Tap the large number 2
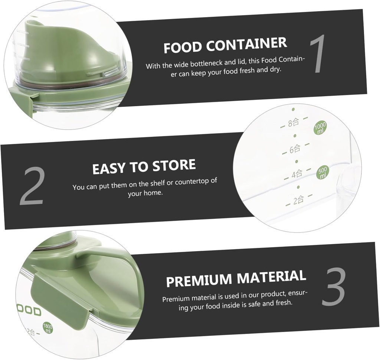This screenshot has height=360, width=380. pyautogui.click(x=32, y=187)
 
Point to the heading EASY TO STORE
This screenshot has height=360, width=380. pyautogui.click(x=144, y=167)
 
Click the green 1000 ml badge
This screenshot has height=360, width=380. pyautogui.click(x=320, y=128)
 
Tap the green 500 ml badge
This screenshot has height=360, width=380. pyautogui.click(x=322, y=173)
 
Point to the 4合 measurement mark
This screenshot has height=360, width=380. pyautogui.click(x=297, y=174)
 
